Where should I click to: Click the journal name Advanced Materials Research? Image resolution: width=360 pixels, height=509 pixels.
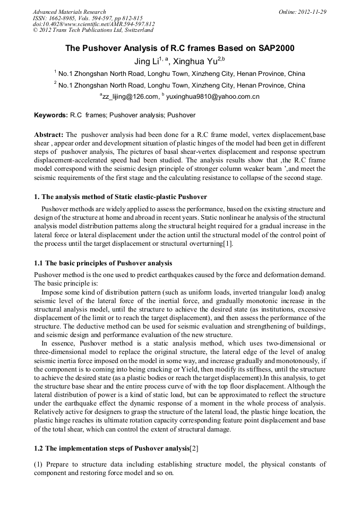[x=69, y=12]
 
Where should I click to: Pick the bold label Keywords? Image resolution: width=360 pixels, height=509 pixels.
[x=50, y=115]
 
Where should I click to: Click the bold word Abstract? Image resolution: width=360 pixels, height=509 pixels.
[x=49, y=135]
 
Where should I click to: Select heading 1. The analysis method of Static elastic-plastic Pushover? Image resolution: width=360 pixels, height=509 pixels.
[x=120, y=197]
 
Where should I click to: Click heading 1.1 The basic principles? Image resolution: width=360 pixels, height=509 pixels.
[x=103, y=263]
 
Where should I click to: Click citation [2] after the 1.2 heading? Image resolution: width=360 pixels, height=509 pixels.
[x=194, y=448]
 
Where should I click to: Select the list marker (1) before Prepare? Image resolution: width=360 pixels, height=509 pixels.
[x=39, y=464]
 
